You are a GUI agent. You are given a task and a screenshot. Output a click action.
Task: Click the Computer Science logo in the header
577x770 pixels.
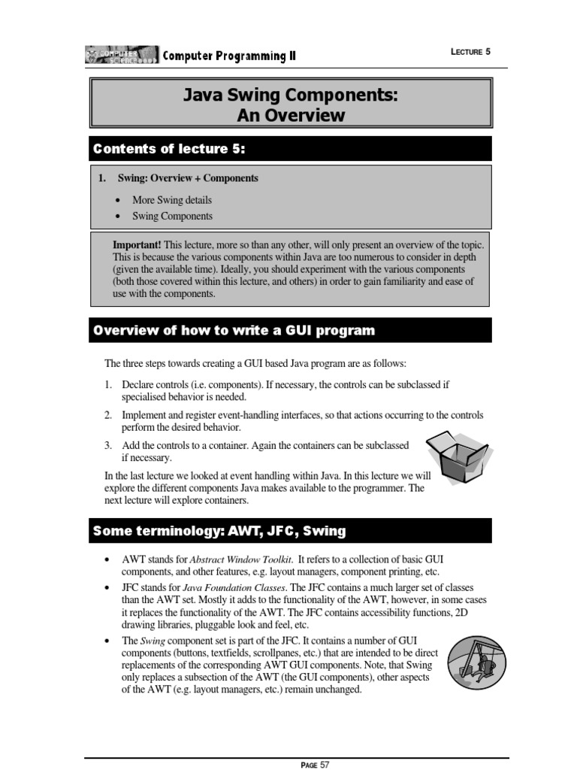(122, 54)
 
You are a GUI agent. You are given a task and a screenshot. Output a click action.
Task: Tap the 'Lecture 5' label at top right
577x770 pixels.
(470, 51)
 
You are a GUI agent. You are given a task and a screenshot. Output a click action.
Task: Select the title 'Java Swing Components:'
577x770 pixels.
(291, 95)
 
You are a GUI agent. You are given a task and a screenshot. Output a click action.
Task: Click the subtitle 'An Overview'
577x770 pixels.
(291, 115)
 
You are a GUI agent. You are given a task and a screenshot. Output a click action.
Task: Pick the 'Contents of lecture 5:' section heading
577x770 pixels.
(169, 149)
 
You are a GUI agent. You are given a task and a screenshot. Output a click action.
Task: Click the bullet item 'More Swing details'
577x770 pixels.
(172, 200)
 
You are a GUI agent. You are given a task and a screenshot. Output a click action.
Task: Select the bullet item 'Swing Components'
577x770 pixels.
(172, 216)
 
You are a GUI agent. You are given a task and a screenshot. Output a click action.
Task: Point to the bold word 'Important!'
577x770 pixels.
(137, 246)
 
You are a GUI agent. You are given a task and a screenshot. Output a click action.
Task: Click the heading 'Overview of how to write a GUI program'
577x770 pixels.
(233, 331)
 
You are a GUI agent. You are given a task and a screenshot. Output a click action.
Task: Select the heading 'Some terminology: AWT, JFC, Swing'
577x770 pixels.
(219, 531)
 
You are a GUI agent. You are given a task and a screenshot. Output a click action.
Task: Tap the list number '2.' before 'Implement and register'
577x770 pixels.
(108, 415)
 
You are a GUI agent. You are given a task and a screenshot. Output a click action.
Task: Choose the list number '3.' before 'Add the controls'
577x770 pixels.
(108, 445)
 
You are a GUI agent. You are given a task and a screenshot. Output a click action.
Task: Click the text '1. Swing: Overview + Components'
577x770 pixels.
(179, 178)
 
